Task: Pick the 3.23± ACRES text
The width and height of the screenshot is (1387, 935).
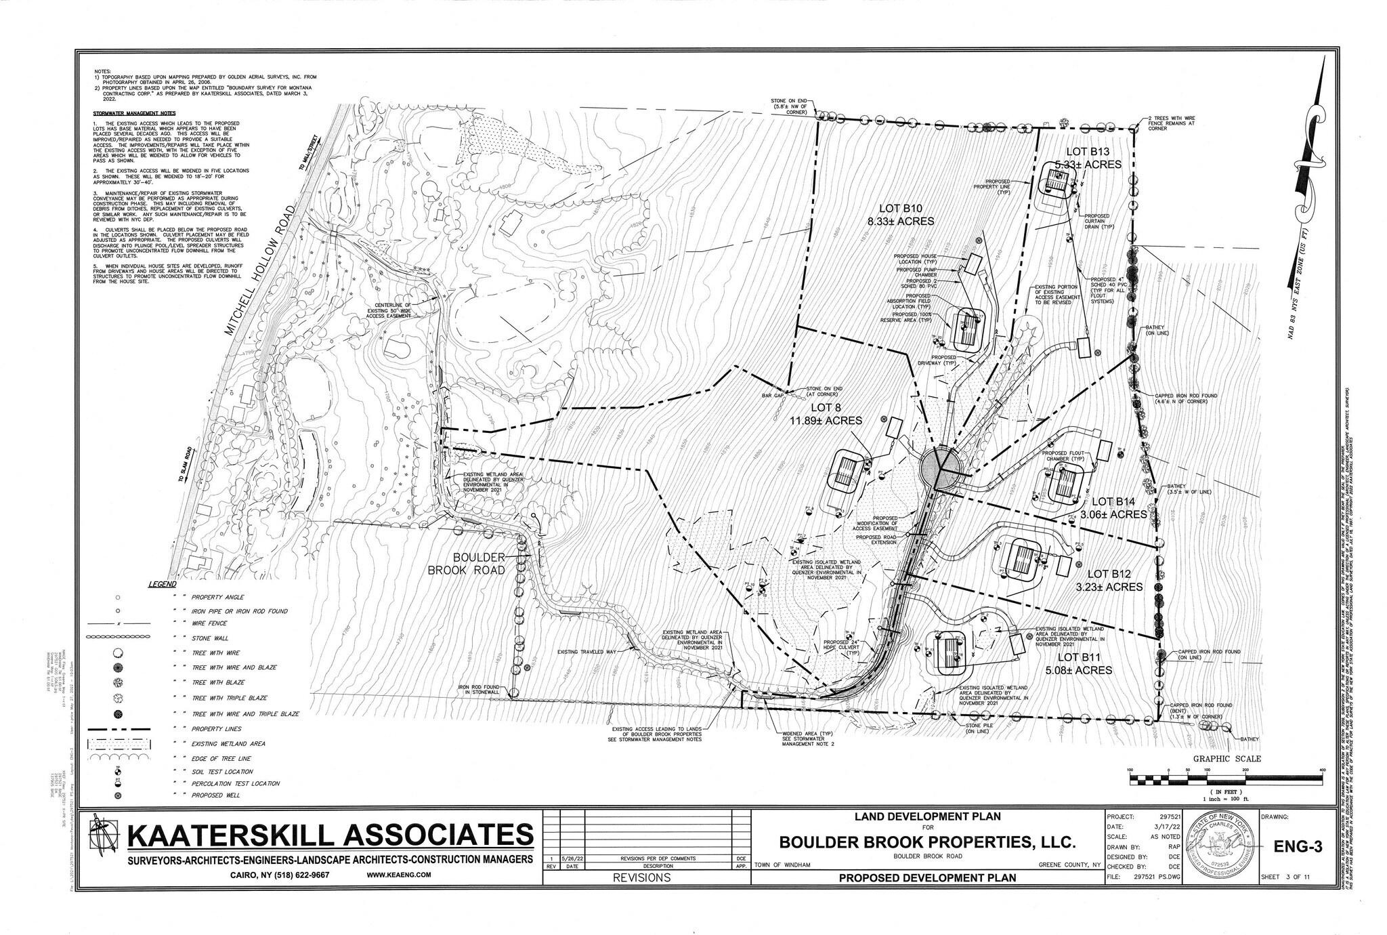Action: click(1109, 587)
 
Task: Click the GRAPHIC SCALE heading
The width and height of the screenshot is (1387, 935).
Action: click(1226, 759)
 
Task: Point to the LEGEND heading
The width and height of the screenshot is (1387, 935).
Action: click(163, 584)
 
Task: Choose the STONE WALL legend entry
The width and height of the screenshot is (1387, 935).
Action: click(210, 638)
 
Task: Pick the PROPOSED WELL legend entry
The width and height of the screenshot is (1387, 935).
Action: click(215, 795)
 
